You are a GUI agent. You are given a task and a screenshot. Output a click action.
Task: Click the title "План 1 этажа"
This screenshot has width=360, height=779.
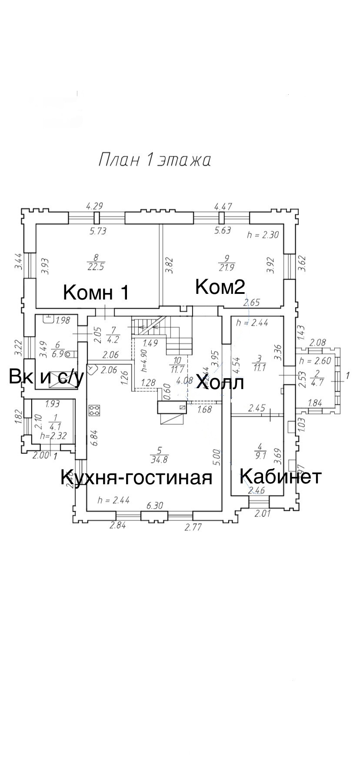[x=154, y=160]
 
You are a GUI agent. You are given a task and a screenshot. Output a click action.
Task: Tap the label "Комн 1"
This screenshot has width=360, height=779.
[x=96, y=293]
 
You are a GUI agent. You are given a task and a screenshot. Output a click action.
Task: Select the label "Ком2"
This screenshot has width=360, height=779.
[x=220, y=287]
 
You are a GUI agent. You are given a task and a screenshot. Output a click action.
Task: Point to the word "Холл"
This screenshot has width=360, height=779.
[x=219, y=383]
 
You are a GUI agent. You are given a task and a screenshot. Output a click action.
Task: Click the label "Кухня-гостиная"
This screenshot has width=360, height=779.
[x=136, y=477]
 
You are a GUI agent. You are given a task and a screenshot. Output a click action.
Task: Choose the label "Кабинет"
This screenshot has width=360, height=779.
[x=280, y=476]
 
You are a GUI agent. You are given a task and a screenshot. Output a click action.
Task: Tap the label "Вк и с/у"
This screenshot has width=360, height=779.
[x=46, y=377]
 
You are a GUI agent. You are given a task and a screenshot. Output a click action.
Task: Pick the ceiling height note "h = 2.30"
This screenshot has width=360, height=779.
[x=263, y=235]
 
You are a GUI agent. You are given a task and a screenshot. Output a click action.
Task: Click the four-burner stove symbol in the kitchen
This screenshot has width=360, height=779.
[x=94, y=410]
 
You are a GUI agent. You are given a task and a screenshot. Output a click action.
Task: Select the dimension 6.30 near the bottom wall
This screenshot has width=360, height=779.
[x=155, y=506]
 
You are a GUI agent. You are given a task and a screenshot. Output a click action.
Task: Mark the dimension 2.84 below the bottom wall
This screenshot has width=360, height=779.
[x=118, y=525]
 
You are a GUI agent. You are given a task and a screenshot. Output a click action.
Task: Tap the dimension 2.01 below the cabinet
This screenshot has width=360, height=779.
[x=262, y=513]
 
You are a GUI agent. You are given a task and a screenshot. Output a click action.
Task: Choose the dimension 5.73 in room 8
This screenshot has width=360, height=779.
[x=98, y=231]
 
